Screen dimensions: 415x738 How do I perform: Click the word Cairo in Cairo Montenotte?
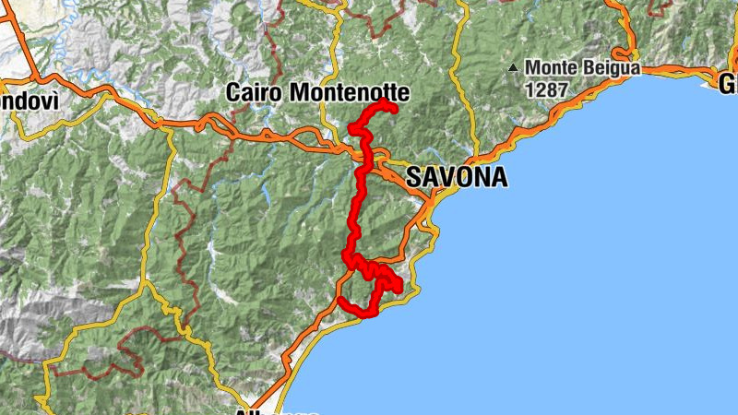tap(255, 92)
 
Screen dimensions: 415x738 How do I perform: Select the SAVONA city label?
tap(457, 177)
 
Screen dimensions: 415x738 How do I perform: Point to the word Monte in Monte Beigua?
tap(551, 67)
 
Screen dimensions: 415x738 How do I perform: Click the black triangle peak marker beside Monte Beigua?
tap(513, 67)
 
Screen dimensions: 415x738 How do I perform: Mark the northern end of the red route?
tap(393, 110)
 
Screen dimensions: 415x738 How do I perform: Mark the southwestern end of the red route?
tap(341, 301)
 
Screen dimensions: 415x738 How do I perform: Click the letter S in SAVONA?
tap(414, 177)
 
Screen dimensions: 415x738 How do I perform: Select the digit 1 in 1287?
tap(530, 90)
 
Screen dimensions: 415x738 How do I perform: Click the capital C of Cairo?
tap(234, 92)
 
